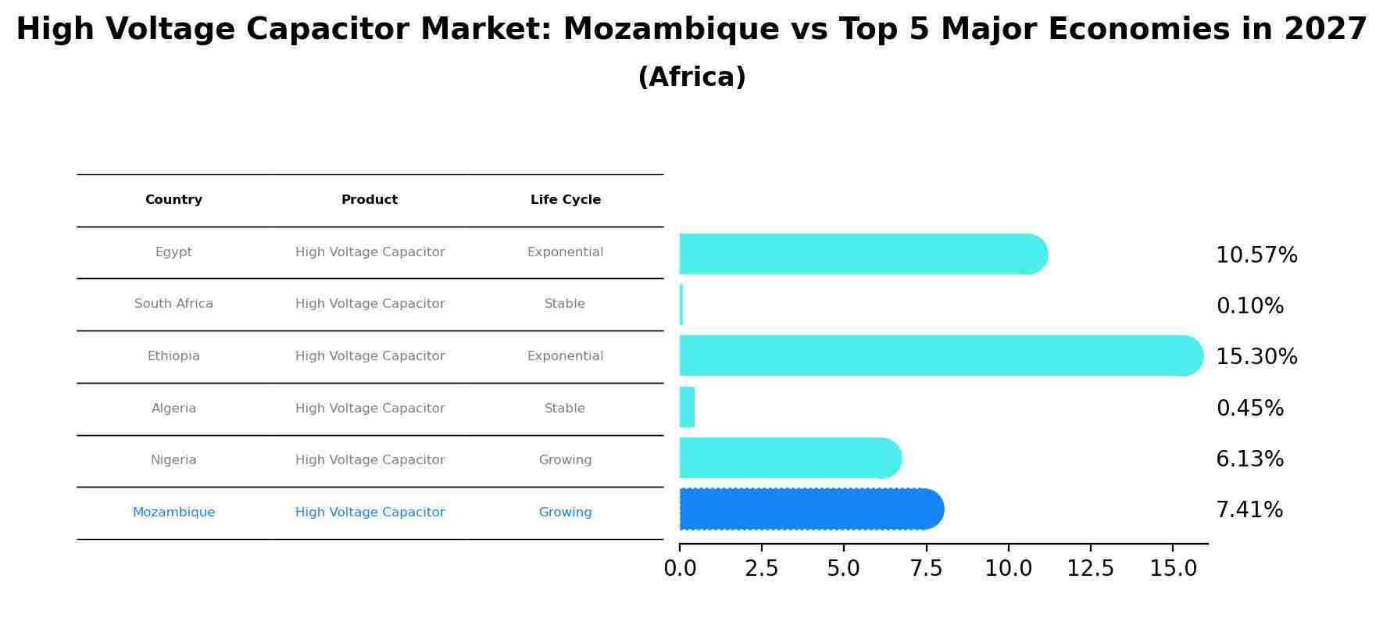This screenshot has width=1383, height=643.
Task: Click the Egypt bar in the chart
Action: click(x=859, y=254)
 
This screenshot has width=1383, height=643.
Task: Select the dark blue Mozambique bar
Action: click(x=809, y=509)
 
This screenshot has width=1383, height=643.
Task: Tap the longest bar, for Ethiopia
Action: click(x=938, y=355)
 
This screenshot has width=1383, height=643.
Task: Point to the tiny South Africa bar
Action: click(x=681, y=305)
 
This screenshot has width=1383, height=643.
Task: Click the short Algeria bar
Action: click(x=687, y=407)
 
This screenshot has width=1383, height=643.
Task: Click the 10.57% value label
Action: click(x=1256, y=255)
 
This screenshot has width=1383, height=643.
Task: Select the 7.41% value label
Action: click(x=1249, y=510)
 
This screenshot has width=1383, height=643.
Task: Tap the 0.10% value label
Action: click(x=1249, y=306)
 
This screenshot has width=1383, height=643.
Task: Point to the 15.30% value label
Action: click(x=1256, y=357)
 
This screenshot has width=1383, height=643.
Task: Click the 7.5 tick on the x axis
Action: click(x=926, y=569)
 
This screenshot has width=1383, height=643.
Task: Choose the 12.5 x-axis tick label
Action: click(x=1090, y=569)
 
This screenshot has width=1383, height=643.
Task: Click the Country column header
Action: click(x=173, y=200)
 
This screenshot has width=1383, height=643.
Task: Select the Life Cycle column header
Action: click(x=565, y=200)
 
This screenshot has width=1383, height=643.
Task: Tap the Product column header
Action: click(x=370, y=200)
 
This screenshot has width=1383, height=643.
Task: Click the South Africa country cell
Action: click(x=173, y=304)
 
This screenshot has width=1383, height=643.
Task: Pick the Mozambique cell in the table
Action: click(x=173, y=513)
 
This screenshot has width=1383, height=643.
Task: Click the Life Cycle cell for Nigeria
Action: click(x=565, y=460)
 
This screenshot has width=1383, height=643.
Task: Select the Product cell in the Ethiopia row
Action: click(x=370, y=356)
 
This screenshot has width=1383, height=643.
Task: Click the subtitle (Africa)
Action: click(x=691, y=77)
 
